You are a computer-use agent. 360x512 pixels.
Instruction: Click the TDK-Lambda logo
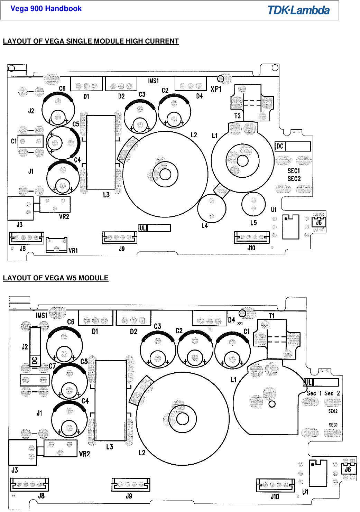pyautogui.click(x=298, y=10)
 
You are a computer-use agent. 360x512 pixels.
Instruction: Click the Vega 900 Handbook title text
pyautogui.click(x=46, y=9)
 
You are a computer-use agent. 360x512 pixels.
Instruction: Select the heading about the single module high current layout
pyautogui.click(x=91, y=41)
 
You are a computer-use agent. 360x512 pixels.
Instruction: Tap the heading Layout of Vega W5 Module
pyautogui.click(x=55, y=278)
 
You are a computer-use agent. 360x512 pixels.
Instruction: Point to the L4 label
pyautogui.click(x=205, y=226)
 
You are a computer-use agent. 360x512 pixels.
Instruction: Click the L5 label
pyautogui.click(x=253, y=223)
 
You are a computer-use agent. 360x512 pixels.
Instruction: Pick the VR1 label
pyautogui.click(x=73, y=250)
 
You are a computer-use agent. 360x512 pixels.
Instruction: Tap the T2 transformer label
pyautogui.click(x=237, y=116)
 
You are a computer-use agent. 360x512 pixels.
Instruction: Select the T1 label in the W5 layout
pyautogui.click(x=271, y=315)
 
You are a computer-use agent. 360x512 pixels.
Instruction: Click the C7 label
pyautogui.click(x=52, y=366)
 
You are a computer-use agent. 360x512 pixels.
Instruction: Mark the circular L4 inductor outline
pyautogui.click(x=212, y=208)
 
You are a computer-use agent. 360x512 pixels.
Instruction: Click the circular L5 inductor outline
pyautogui.click(x=253, y=204)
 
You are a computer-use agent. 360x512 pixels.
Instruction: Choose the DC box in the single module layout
pyautogui.click(x=293, y=146)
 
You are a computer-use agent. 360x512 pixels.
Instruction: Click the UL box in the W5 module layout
pyautogui.click(x=321, y=382)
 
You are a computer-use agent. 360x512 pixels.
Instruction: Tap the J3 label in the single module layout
pyautogui.click(x=19, y=225)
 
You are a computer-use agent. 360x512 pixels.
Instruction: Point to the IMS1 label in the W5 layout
pyautogui.click(x=41, y=315)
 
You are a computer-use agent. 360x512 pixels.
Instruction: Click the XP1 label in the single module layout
pyautogui.click(x=216, y=89)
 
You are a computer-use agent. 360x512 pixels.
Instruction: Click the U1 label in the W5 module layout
pyautogui.click(x=305, y=492)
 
